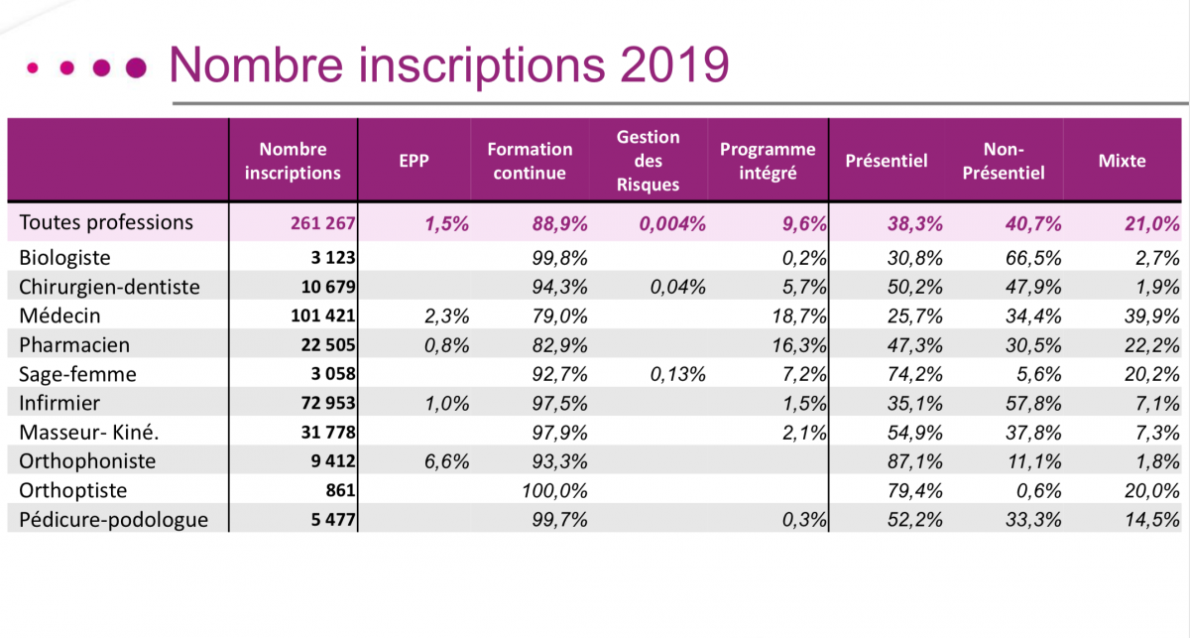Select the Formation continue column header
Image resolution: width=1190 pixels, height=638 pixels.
click(x=530, y=161)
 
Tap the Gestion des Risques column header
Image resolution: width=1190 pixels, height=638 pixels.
click(x=648, y=161)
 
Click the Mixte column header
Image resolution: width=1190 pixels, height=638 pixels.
click(x=1122, y=161)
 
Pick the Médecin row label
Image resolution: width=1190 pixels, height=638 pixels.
click(x=59, y=317)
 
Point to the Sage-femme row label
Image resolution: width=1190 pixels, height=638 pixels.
click(x=77, y=375)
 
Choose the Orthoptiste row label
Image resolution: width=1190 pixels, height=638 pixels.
click(x=72, y=491)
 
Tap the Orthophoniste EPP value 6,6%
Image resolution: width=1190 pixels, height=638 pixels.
click(x=447, y=462)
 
